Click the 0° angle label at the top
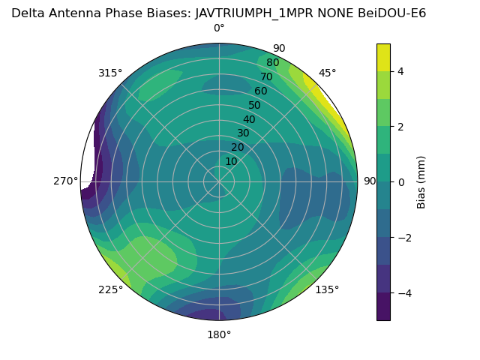(219, 28)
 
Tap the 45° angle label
(328, 73)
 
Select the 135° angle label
(327, 289)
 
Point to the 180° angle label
(219, 334)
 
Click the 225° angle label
(110, 290)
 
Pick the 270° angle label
(66, 181)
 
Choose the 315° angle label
(110, 73)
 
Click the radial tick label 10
(231, 161)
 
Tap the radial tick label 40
(249, 119)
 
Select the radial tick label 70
(266, 76)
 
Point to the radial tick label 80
(272, 63)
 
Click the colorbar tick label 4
(401, 71)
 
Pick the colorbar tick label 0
(401, 181)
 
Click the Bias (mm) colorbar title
(421, 181)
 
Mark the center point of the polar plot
(219, 181)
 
